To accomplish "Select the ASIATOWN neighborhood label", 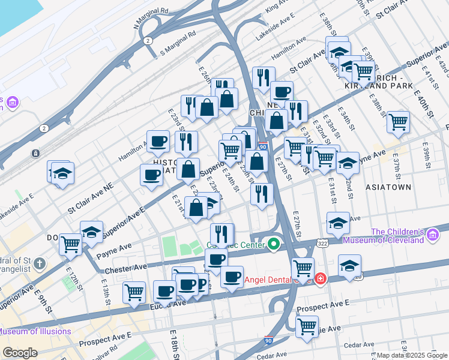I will (x=388, y=187).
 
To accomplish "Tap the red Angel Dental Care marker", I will (x=321, y=279).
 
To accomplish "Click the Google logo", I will (x=20, y=353).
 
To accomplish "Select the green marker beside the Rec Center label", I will (x=274, y=244).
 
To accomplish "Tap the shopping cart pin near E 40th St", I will (x=398, y=122).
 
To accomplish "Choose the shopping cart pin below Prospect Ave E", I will (x=307, y=327).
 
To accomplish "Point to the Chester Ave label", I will (x=125, y=268).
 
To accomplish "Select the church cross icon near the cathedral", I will (x=40, y=263).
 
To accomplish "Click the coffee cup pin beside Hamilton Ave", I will (x=158, y=142).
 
